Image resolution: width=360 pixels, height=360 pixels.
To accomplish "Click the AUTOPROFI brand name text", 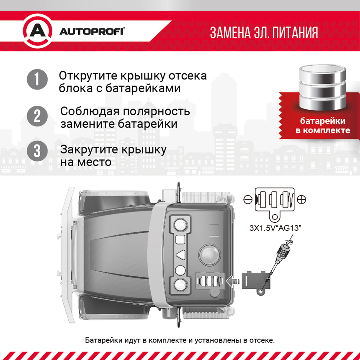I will click(92, 32).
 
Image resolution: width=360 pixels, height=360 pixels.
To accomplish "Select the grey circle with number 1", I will click(37, 79).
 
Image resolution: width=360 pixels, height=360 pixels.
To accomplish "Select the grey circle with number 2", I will click(37, 116).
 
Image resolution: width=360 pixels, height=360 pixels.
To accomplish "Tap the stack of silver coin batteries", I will click(322, 87).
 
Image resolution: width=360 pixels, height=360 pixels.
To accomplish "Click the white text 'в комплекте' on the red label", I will click(323, 131).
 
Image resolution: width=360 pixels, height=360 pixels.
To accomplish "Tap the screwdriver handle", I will click(283, 252).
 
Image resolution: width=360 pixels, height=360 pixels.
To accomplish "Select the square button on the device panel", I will click(180, 239).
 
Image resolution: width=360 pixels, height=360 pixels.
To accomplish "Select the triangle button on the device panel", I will click(180, 255).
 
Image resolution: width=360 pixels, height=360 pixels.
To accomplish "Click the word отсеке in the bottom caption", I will click(262, 340).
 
